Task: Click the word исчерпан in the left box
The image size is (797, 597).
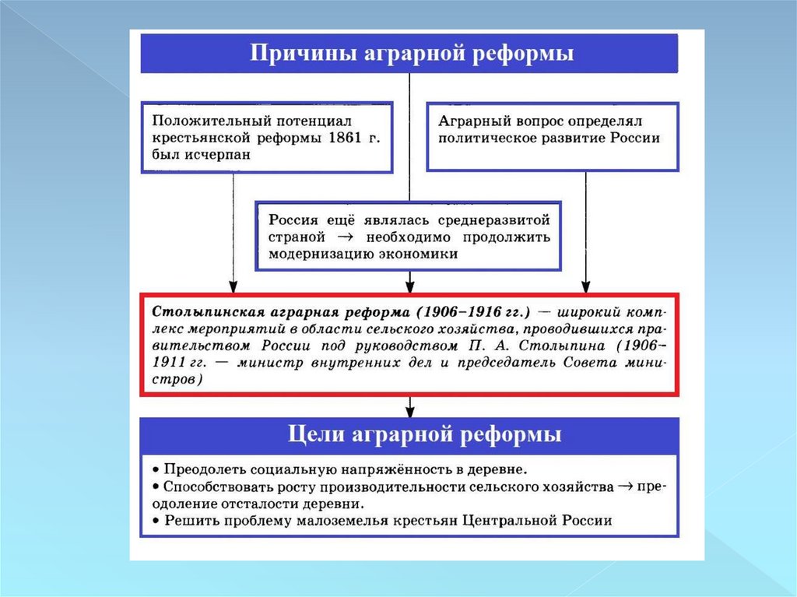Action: [224, 155]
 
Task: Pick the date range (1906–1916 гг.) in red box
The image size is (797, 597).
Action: [472, 312]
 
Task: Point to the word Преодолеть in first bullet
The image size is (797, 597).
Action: [203, 470]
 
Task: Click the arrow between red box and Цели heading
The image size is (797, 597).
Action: [409, 406]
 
